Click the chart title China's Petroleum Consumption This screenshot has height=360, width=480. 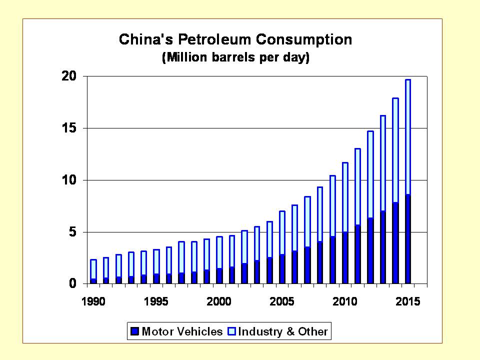[235, 39]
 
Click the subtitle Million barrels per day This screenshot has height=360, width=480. [235, 57]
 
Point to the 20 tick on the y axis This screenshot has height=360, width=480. [69, 76]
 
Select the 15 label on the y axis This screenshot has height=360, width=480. [69, 128]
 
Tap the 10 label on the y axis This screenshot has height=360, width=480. [69, 180]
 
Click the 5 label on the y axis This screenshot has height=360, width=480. [72, 232]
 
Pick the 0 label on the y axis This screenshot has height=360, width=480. [72, 284]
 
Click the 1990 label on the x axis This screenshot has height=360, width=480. [93, 302]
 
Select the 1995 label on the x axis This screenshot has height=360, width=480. [156, 302]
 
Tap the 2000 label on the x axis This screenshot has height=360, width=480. [219, 302]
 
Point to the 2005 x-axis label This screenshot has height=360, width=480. [282, 302]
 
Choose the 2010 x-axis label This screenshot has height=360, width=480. [345, 302]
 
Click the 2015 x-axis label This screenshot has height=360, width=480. [407, 302]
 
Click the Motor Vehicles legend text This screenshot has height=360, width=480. [182, 331]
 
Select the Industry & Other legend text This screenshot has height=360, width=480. [283, 331]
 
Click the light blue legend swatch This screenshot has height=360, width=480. [232, 331]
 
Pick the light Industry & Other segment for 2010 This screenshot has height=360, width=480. [345, 197]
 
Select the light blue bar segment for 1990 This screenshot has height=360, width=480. [93, 269]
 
